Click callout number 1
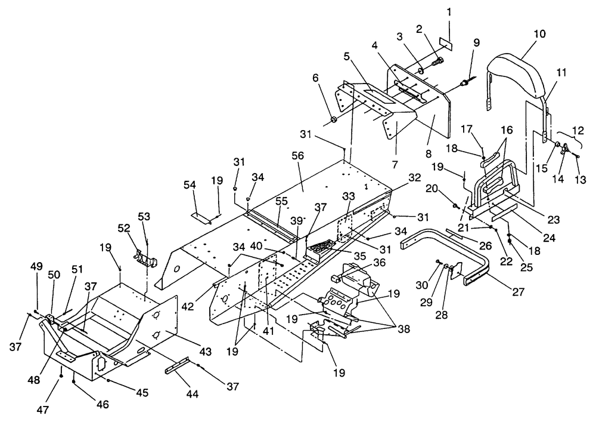pyautogui.click(x=449, y=12)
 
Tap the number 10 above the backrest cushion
pyautogui.click(x=539, y=33)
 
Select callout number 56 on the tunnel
pyautogui.click(x=298, y=156)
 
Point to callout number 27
pyautogui.click(x=519, y=291)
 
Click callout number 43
pyautogui.click(x=205, y=351)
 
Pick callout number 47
pyautogui.click(x=42, y=410)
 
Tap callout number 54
pyautogui.click(x=190, y=185)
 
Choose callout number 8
pyautogui.click(x=429, y=154)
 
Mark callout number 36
pyautogui.click(x=379, y=262)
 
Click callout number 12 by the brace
pyautogui.click(x=578, y=131)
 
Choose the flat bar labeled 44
pyautogui.click(x=177, y=365)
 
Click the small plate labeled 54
pyautogui.click(x=201, y=218)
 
